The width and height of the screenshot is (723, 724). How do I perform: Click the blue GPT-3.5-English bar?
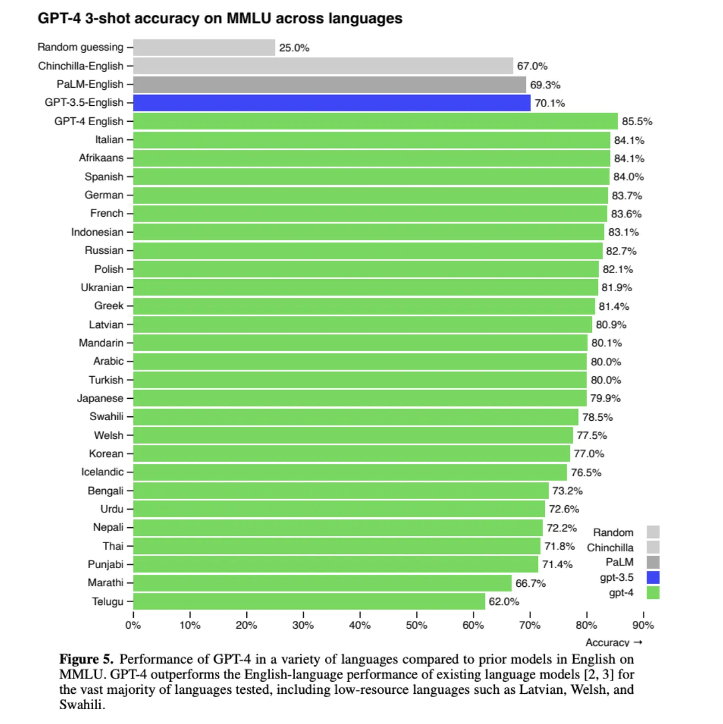[331, 103]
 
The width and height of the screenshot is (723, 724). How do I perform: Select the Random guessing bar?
[204, 48]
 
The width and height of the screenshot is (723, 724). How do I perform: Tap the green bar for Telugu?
[309, 602]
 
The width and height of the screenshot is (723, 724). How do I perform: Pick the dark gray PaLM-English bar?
[329, 84]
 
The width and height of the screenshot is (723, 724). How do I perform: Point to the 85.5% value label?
[637, 122]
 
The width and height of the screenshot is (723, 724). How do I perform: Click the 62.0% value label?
[504, 602]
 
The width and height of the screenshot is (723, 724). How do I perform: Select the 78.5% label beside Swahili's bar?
[597, 417]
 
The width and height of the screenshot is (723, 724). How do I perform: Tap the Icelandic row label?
[103, 472]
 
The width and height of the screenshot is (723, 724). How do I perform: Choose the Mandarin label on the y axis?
[101, 343]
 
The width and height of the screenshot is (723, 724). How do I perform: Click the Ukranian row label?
[102, 287]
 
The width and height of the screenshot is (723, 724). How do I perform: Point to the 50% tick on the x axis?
[416, 625]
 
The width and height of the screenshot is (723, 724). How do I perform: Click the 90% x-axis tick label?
[643, 625]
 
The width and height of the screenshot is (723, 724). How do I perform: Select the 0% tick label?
[133, 625]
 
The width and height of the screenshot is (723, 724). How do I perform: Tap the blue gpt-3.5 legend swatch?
[653, 578]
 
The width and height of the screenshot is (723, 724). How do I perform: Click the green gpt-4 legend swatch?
[653, 592]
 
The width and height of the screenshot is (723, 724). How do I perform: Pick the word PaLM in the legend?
[619, 562]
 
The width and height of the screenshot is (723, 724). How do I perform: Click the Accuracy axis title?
[607, 642]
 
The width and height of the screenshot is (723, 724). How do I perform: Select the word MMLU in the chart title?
[249, 19]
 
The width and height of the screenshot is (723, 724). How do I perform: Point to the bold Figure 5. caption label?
[86, 659]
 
